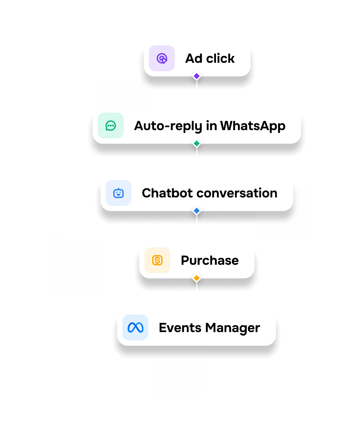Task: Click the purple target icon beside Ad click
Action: [162, 59]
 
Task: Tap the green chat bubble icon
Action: [111, 126]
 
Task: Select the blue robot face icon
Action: [118, 193]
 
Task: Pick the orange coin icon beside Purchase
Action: [157, 260]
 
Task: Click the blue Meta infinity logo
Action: [135, 328]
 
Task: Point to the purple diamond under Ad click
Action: [197, 76]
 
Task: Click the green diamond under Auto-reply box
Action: [197, 143]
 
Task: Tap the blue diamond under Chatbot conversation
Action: [197, 211]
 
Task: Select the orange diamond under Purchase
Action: [197, 278]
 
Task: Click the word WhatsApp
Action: [253, 126]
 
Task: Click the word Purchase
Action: [210, 261]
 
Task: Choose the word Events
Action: [180, 328]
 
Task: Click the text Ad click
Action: [210, 59]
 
